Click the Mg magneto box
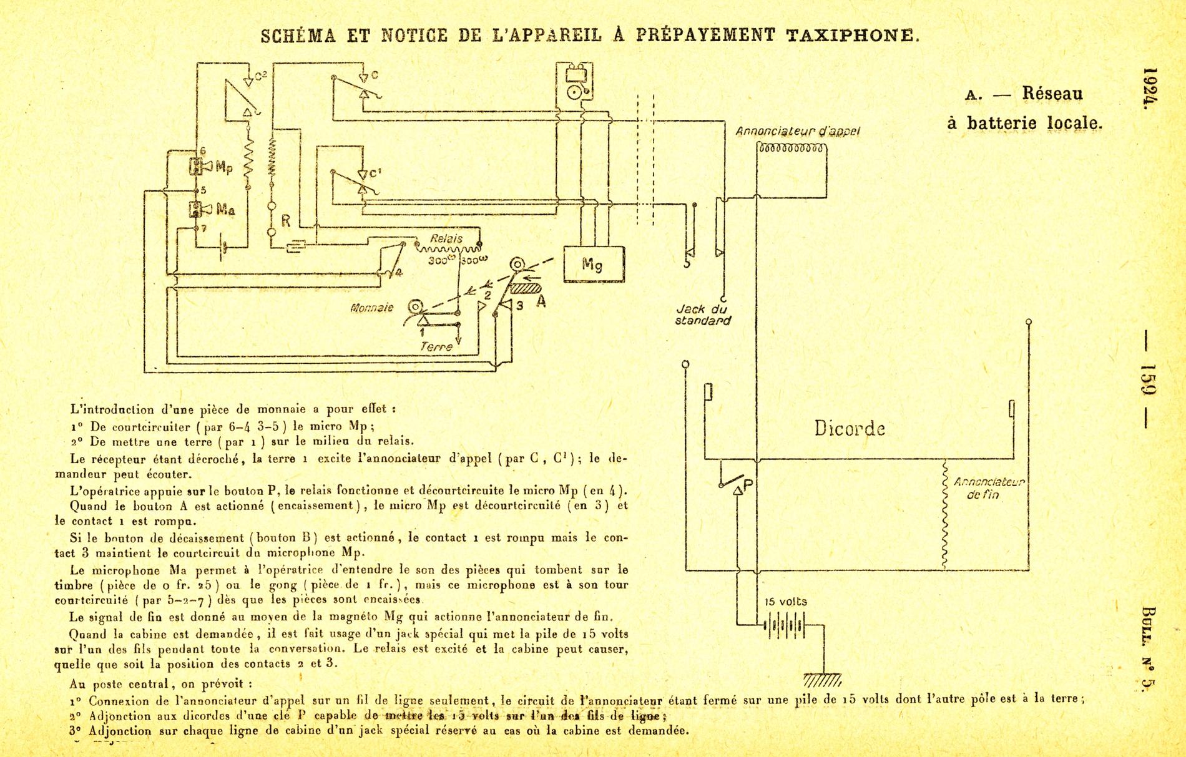click(x=593, y=264)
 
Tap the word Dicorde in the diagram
click(x=850, y=429)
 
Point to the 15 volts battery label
click(x=786, y=602)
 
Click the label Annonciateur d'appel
click(x=798, y=132)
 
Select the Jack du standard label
click(x=702, y=315)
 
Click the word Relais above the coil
click(x=446, y=238)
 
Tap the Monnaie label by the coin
click(x=372, y=308)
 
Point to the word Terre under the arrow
click(x=436, y=346)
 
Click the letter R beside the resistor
click(x=286, y=220)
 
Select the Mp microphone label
click(x=223, y=167)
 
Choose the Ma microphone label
click(x=225, y=210)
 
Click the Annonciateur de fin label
click(x=989, y=488)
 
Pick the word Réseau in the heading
click(x=1052, y=94)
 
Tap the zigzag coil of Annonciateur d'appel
click(x=791, y=148)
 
